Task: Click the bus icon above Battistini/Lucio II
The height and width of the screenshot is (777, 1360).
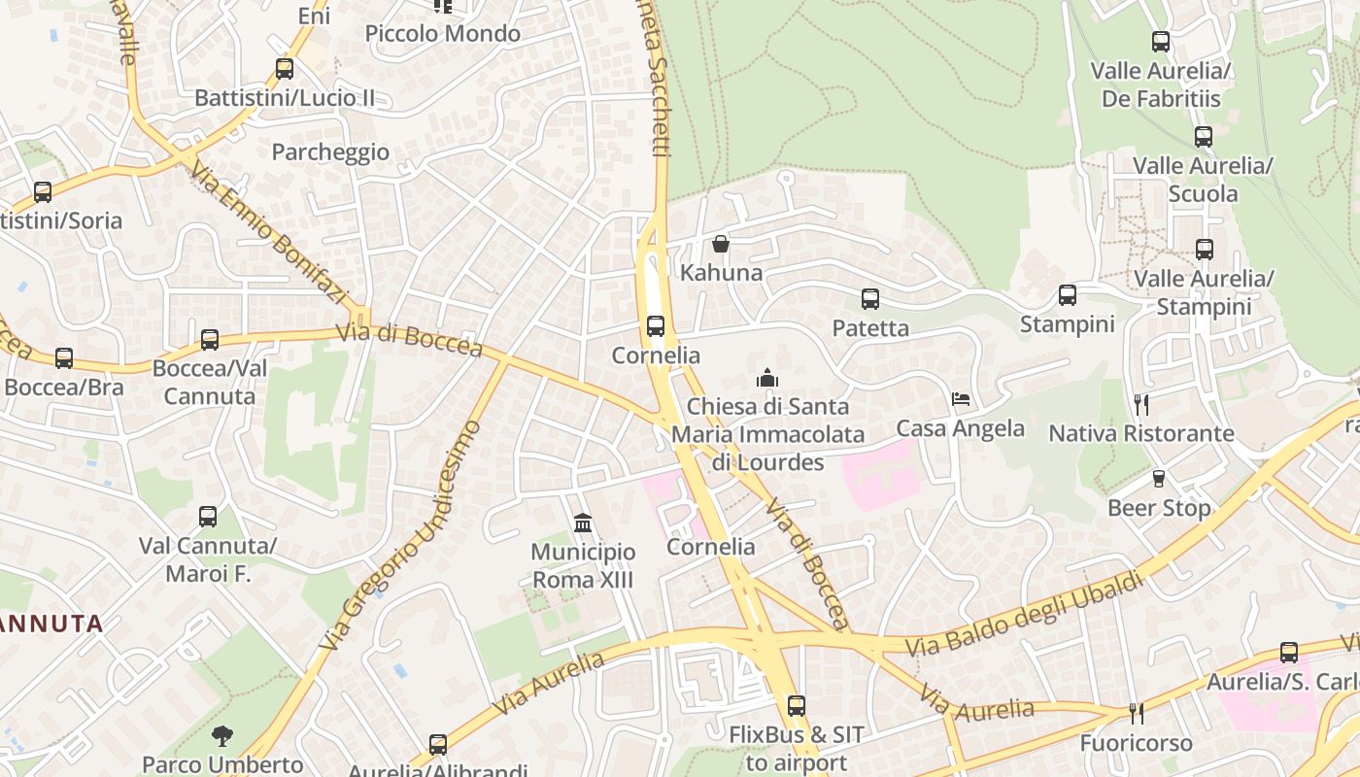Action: (284, 69)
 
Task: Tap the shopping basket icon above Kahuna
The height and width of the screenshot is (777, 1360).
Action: (721, 243)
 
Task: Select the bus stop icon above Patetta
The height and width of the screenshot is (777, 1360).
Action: (870, 299)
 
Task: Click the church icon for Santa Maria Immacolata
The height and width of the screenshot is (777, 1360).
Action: (767, 377)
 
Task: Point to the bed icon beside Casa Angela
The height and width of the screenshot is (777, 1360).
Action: (961, 399)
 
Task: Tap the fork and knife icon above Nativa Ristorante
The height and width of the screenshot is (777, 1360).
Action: (1141, 404)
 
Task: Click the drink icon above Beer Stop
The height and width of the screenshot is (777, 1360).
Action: (1158, 479)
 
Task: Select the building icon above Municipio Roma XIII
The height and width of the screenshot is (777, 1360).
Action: (583, 524)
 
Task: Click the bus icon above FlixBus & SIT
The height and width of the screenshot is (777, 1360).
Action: (797, 706)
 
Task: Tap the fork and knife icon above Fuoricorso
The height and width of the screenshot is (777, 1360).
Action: (1137, 714)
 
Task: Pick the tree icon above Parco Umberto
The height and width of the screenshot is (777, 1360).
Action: (222, 735)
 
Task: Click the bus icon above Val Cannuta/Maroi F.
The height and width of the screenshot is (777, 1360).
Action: (208, 517)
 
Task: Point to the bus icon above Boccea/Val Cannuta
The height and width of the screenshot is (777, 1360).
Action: (210, 340)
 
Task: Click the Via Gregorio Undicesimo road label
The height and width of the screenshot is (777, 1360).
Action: (400, 536)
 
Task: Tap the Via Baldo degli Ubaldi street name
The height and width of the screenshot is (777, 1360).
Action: (1024, 615)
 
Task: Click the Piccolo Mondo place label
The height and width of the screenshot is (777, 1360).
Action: (443, 34)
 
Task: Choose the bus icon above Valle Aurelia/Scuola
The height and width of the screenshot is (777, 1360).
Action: (1204, 137)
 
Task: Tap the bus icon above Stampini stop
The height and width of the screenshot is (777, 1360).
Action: (1068, 295)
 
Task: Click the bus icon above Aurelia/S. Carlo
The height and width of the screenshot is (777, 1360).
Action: (1289, 653)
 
